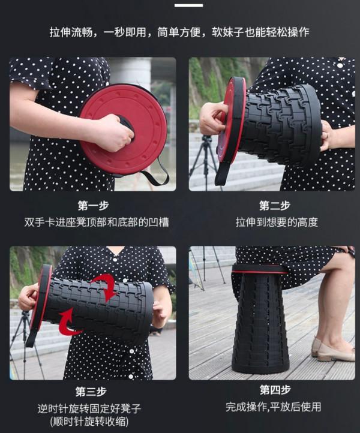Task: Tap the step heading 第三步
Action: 93,391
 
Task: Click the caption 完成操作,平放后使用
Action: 274,407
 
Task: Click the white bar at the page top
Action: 188,5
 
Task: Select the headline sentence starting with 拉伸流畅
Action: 180,32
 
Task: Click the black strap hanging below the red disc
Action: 152,176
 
